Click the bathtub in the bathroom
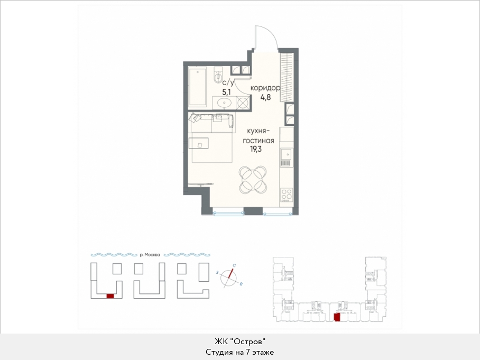point(198,87)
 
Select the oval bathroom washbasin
point(224,102)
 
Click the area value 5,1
point(227,91)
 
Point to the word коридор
point(265,88)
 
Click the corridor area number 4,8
point(265,98)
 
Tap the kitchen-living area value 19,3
point(256,150)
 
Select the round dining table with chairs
point(253,180)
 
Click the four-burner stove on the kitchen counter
point(287,195)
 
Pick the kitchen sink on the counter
point(287,155)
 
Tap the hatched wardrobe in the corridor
point(287,77)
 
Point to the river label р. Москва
point(150,255)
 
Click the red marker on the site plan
point(110,296)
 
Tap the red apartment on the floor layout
point(337,318)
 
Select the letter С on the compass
point(234,265)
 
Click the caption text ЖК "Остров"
point(239,341)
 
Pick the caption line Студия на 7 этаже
point(239,353)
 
